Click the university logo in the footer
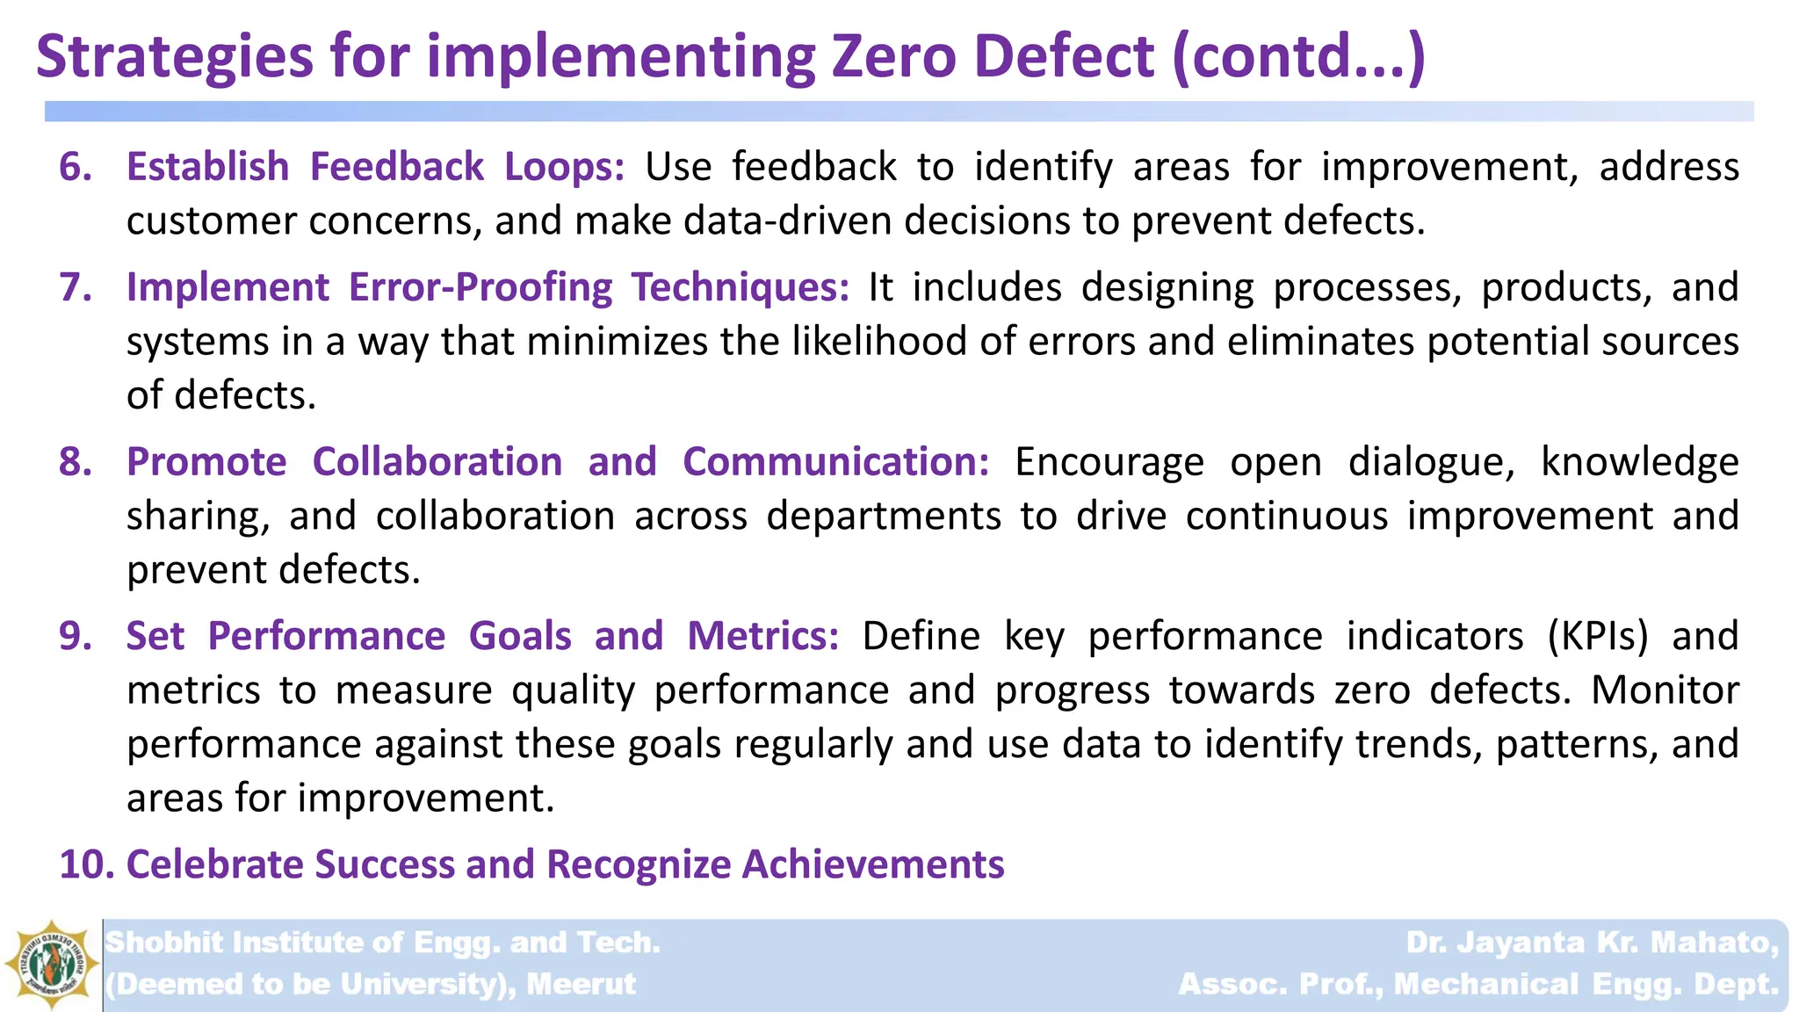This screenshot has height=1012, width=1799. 51,965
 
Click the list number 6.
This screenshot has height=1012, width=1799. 76,167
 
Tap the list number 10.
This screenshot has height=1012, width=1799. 86,864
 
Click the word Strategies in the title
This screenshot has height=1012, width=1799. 175,56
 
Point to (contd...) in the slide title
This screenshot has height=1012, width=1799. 1298,56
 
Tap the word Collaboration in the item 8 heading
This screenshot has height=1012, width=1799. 437,462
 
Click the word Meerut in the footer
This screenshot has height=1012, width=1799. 581,984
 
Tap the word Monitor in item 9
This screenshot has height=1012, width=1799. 1665,690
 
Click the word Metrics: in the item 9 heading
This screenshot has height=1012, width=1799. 762,636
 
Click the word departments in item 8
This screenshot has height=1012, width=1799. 883,516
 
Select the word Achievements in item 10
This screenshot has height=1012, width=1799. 873,864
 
